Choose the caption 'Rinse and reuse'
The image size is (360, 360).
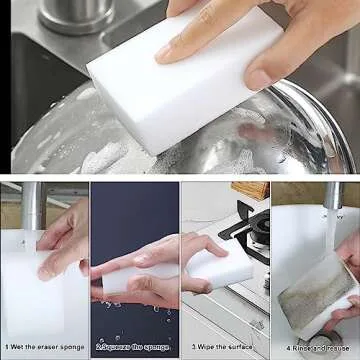(318, 347)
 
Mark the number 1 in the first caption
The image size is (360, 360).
(6, 347)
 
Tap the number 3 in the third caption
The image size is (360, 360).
(193, 347)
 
